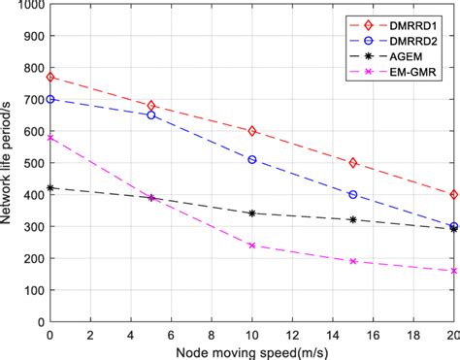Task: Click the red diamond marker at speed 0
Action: tap(50, 77)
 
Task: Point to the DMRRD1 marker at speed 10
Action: tap(252, 131)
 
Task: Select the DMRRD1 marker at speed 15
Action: tap(353, 163)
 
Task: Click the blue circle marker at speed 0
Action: tap(50, 99)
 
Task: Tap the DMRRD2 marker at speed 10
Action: tap(252, 159)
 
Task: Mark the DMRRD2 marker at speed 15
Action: tap(353, 195)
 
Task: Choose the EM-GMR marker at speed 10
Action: tap(252, 245)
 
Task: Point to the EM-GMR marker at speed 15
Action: tap(353, 262)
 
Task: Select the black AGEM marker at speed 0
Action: tap(50, 188)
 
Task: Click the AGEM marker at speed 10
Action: tap(252, 213)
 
